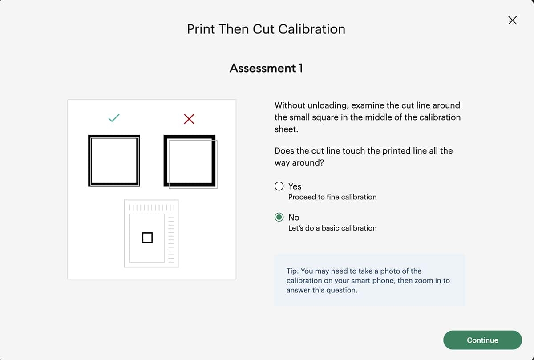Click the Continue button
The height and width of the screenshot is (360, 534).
click(x=482, y=340)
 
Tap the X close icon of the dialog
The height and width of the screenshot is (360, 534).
click(x=512, y=20)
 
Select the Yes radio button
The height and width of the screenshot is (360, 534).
click(x=279, y=186)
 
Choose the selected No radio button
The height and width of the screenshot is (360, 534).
click(x=279, y=217)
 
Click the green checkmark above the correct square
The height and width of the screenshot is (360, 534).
click(x=114, y=118)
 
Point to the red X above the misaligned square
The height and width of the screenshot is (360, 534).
click(x=189, y=119)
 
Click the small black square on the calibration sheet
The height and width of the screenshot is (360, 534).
click(x=147, y=238)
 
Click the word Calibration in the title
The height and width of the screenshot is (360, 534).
click(x=311, y=29)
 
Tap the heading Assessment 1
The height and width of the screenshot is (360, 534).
click(x=266, y=68)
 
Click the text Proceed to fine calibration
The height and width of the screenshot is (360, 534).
click(x=332, y=197)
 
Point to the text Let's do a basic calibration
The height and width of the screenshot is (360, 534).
click(x=332, y=228)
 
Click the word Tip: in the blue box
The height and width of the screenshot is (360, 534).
click(x=292, y=271)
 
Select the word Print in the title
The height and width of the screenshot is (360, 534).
click(x=201, y=29)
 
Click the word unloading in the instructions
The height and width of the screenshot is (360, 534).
click(x=328, y=105)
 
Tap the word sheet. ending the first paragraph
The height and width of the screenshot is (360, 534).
click(x=286, y=129)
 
